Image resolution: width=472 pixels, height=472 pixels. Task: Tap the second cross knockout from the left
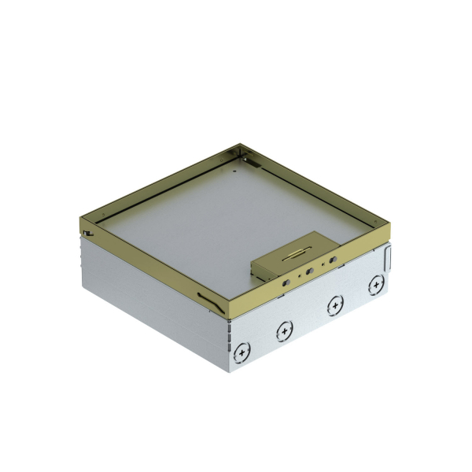coord(282,333)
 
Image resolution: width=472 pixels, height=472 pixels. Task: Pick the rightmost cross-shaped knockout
coord(378,283)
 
